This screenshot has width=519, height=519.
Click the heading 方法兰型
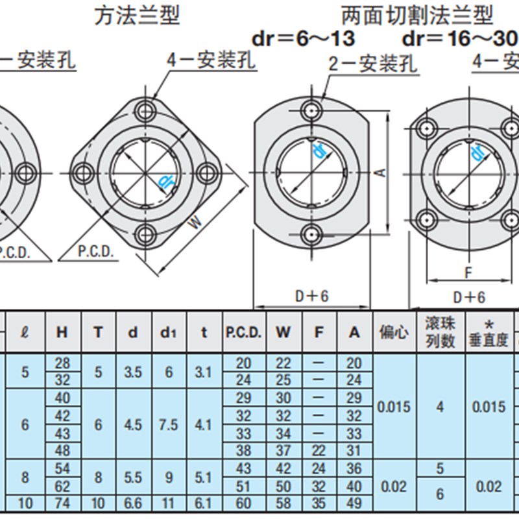pos(137,15)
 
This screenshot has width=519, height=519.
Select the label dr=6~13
pos(304,39)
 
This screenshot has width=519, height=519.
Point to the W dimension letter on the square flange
pos(195,223)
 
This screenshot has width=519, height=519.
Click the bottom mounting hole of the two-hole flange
pos(312,234)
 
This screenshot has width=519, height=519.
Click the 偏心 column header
pos(394,332)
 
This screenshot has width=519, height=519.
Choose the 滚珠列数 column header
pos(440,332)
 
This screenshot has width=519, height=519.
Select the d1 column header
pos(169,332)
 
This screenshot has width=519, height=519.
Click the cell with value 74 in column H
pos(62,503)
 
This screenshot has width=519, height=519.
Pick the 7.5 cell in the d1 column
pos(169,424)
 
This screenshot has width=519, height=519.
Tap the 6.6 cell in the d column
pos(133,503)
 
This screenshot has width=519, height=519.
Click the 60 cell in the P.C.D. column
pos(243,503)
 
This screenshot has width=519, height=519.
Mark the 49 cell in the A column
pos(354,503)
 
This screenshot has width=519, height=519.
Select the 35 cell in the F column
pos(319,503)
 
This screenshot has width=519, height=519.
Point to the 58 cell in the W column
pos(284,503)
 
